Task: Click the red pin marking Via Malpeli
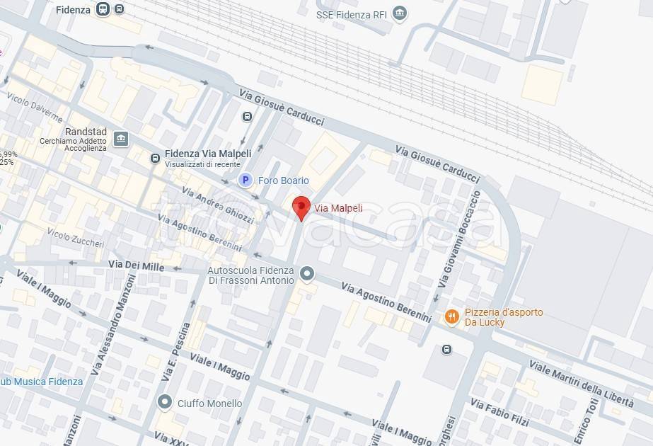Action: click(x=301, y=207)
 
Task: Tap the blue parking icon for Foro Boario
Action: click(x=245, y=181)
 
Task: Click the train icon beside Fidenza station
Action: click(x=103, y=9)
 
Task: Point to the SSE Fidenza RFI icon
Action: click(x=400, y=13)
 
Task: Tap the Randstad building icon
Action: click(x=120, y=138)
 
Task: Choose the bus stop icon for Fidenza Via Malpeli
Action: click(x=154, y=159)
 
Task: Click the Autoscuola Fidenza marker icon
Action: click(x=306, y=273)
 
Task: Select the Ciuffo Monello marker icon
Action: click(x=165, y=403)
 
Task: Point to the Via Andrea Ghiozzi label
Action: click(x=217, y=206)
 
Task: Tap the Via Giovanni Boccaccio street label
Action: click(x=458, y=238)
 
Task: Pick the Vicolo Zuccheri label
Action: click(x=75, y=238)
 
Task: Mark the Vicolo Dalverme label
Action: click(x=34, y=109)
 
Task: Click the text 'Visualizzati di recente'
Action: click(x=202, y=164)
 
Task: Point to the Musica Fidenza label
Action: click(x=47, y=382)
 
